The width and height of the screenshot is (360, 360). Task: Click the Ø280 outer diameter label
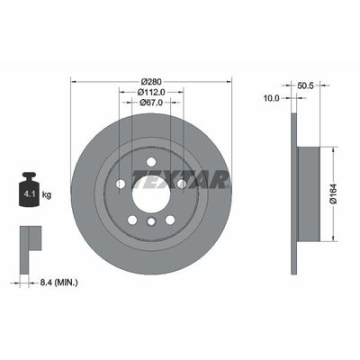pyautogui.click(x=151, y=77)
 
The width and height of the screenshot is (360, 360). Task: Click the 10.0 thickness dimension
pyautogui.click(x=271, y=100)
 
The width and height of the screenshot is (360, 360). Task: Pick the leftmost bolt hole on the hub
pyautogui.click(x=121, y=184)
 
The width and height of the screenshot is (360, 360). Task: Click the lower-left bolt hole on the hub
pyautogui.click(x=132, y=219)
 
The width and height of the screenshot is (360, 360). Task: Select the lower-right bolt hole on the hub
pyautogui.click(x=170, y=219)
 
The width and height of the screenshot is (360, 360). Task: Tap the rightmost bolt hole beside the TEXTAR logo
pyautogui.click(x=183, y=184)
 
